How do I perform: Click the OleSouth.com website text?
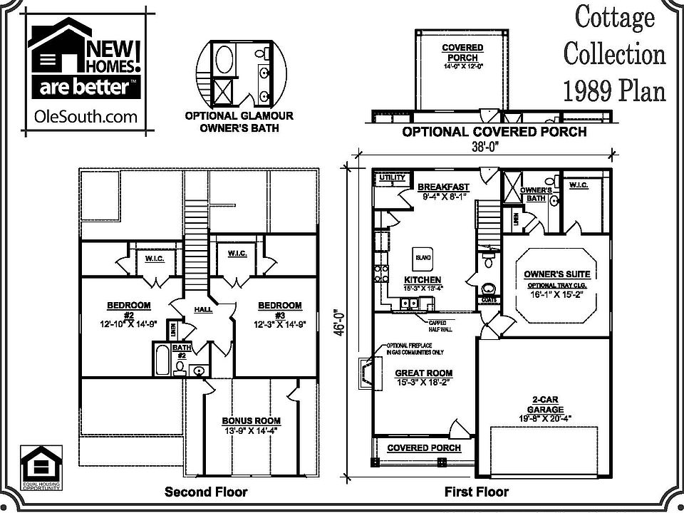(85, 117)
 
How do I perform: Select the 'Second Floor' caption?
(206, 492)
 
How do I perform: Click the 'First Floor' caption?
(477, 492)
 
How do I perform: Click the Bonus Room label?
(251, 425)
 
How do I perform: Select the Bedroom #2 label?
(129, 311)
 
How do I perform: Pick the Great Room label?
(423, 378)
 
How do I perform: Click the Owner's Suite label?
(556, 274)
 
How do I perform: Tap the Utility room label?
(391, 177)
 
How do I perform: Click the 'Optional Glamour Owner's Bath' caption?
(239, 122)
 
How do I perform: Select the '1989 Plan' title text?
(613, 91)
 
